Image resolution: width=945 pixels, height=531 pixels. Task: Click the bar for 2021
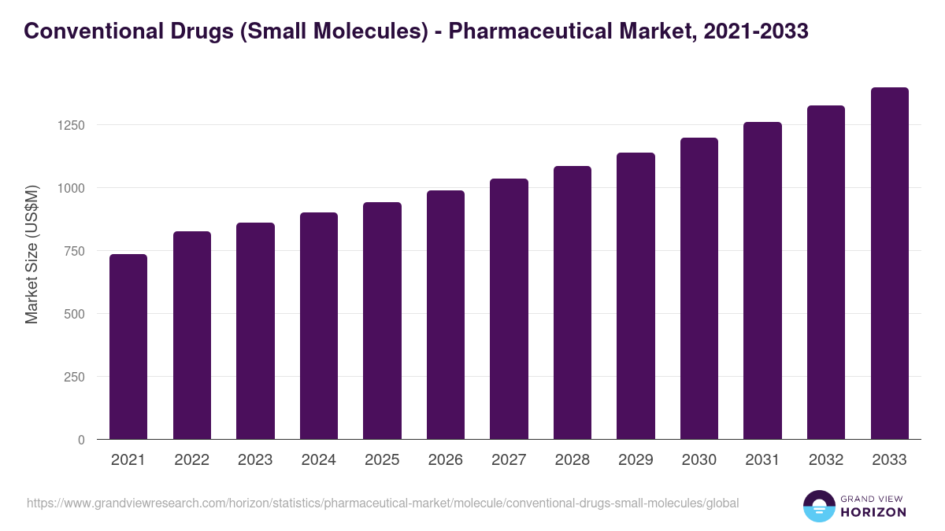(x=128, y=347)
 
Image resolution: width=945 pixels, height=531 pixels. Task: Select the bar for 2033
(x=889, y=264)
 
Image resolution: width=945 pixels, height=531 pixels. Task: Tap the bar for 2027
(x=509, y=309)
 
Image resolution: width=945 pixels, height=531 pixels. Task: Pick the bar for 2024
(x=319, y=326)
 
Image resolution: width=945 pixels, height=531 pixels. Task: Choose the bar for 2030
(x=699, y=289)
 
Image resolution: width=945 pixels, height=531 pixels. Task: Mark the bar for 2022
(x=192, y=335)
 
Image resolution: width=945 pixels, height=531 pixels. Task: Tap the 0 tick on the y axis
(x=81, y=440)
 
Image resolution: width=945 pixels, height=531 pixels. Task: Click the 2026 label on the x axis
(x=446, y=460)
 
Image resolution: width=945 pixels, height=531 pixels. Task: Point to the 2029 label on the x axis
(x=636, y=460)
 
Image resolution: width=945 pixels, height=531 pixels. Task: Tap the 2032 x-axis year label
(x=826, y=460)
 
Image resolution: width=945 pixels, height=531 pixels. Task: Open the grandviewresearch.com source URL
(x=383, y=503)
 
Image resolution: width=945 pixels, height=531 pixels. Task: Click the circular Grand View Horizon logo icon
(x=818, y=506)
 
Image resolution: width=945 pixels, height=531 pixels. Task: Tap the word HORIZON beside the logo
(x=873, y=512)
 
